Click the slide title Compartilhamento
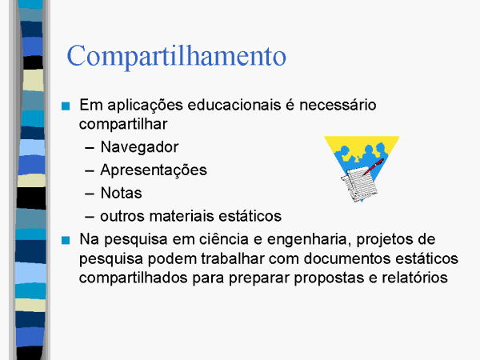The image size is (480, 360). point(176,57)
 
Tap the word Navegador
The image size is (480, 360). point(139,148)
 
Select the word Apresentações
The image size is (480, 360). point(154,170)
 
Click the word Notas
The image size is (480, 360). point(122,193)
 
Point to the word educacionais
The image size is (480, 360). point(234,105)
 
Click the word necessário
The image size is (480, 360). point(338,105)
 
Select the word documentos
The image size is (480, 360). point(347,258)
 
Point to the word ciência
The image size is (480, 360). point(224,239)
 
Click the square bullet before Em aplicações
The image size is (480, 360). point(66,106)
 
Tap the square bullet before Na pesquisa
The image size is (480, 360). point(66,240)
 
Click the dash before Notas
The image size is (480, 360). point(90,194)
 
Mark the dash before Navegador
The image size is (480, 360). point(90,148)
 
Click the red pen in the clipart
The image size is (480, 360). point(373,166)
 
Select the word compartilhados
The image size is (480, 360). point(133,278)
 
